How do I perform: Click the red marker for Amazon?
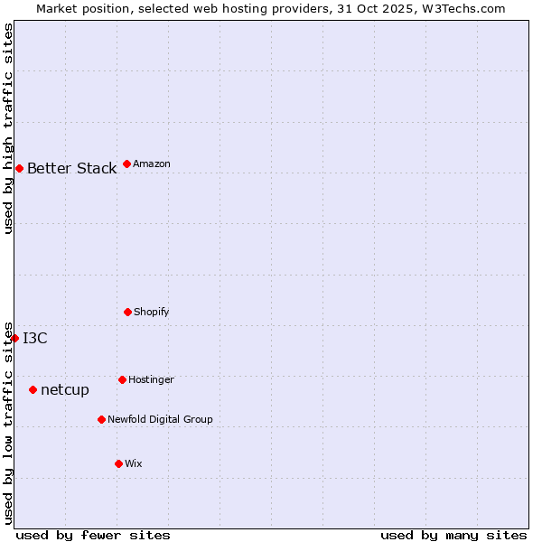(x=126, y=164)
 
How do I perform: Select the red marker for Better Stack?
(x=19, y=168)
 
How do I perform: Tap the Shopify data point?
(x=127, y=312)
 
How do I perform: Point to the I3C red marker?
(x=14, y=338)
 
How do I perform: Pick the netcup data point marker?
(x=33, y=389)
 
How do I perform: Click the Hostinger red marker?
(x=122, y=379)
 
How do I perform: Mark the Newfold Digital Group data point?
(x=101, y=419)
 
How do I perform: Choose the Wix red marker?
(x=118, y=463)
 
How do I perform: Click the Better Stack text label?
(x=71, y=168)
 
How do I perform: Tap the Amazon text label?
(x=152, y=164)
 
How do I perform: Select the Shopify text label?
(x=152, y=312)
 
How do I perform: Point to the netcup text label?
(x=65, y=389)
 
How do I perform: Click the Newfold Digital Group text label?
(x=160, y=419)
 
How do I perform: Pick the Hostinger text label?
(x=151, y=379)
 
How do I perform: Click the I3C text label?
(x=35, y=338)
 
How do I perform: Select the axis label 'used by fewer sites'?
(x=93, y=535)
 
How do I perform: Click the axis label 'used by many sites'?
(x=453, y=535)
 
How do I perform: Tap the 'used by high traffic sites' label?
(x=8, y=128)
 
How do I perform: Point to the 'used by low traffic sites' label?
(x=8, y=422)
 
